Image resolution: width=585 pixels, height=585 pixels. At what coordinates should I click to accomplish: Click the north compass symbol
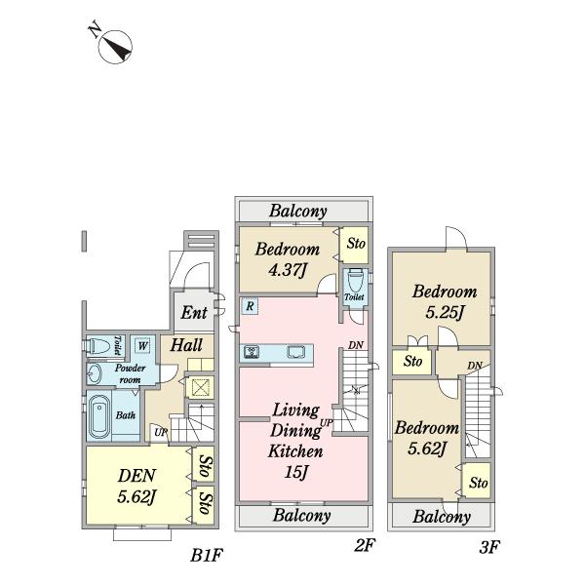(x=115, y=47)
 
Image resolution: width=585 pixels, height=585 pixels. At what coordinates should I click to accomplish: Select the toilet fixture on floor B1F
(x=98, y=346)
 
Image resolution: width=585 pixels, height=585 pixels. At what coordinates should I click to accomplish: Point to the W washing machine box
(x=142, y=346)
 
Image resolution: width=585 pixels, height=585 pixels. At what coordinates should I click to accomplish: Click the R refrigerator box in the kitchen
(x=250, y=306)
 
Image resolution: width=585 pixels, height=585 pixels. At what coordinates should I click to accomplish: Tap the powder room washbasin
(x=95, y=373)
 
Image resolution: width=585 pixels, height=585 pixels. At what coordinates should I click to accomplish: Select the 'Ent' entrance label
(x=194, y=313)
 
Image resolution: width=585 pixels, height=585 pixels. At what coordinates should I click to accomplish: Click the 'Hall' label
(x=186, y=345)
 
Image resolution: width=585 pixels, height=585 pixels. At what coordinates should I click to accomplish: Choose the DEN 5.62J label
(x=136, y=486)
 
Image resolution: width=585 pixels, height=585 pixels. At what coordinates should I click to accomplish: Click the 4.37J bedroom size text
(x=288, y=270)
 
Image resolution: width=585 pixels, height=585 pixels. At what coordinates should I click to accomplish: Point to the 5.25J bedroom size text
(x=445, y=312)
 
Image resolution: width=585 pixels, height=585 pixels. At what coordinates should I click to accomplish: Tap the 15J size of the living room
(x=295, y=472)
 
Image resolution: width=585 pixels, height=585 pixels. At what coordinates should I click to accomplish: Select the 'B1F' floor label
(x=207, y=556)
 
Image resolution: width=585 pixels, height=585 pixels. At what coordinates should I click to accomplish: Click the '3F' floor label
(x=489, y=547)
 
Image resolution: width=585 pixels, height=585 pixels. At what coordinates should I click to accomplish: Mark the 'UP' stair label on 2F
(x=327, y=423)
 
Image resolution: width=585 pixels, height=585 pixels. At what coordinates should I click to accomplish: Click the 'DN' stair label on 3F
(x=475, y=366)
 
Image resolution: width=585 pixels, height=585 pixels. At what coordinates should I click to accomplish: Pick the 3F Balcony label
(x=442, y=517)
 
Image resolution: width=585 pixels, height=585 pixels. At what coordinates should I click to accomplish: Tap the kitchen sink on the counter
(x=295, y=352)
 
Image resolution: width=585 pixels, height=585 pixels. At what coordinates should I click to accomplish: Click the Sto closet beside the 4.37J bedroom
(x=355, y=245)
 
